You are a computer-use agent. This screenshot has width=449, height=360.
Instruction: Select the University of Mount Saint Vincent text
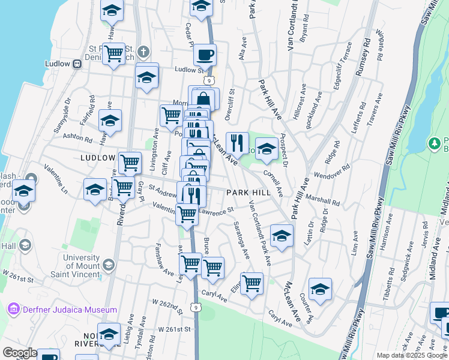(x=67, y=262)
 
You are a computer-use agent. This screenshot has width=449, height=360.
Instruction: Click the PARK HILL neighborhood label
(x=249, y=192)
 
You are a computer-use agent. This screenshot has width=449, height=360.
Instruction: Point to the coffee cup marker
(x=205, y=56)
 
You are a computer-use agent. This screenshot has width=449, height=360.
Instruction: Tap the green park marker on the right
(x=435, y=143)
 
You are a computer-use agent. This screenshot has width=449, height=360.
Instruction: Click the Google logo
(x=19, y=353)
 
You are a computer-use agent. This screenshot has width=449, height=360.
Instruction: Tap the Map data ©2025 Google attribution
(x=412, y=355)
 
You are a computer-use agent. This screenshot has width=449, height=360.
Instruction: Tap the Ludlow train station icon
(x=76, y=64)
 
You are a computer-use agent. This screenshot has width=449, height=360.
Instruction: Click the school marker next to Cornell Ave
(x=266, y=150)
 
